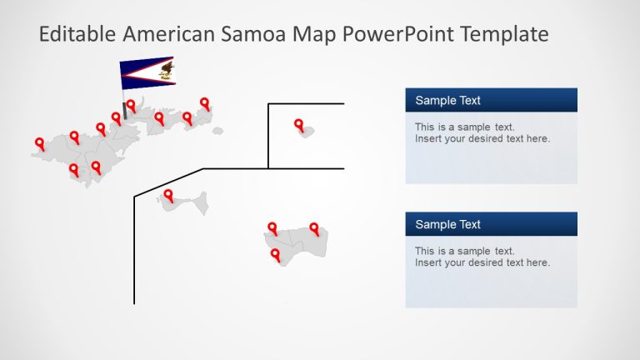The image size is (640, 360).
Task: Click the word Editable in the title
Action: [x=77, y=34]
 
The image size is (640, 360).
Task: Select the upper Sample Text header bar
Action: [x=491, y=101]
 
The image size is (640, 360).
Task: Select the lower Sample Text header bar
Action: [x=491, y=224]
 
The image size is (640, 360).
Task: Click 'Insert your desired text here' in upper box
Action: [x=482, y=139]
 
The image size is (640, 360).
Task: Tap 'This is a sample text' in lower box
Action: [x=464, y=251]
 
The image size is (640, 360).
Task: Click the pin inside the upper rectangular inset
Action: [x=299, y=125]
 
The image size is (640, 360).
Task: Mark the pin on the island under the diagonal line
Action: [x=168, y=196]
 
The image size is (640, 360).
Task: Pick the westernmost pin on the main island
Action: [x=39, y=144]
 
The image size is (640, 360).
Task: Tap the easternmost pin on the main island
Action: [x=204, y=103]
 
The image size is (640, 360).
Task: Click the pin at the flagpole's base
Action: [x=131, y=105]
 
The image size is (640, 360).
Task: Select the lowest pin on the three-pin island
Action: [x=275, y=255]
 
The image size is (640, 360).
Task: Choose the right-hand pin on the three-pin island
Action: [x=314, y=228]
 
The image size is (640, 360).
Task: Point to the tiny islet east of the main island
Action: [x=217, y=130]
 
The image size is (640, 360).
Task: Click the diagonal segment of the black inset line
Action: [x=169, y=182]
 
